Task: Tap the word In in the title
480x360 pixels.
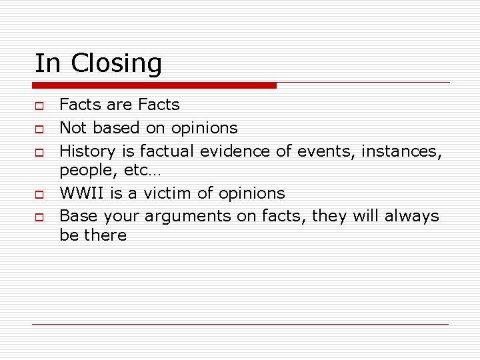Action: pyautogui.click(x=47, y=63)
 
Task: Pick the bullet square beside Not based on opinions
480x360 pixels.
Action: pyautogui.click(x=39, y=127)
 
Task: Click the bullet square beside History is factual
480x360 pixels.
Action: pyautogui.click(x=39, y=151)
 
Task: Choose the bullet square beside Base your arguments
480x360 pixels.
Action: pyautogui.click(x=39, y=217)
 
